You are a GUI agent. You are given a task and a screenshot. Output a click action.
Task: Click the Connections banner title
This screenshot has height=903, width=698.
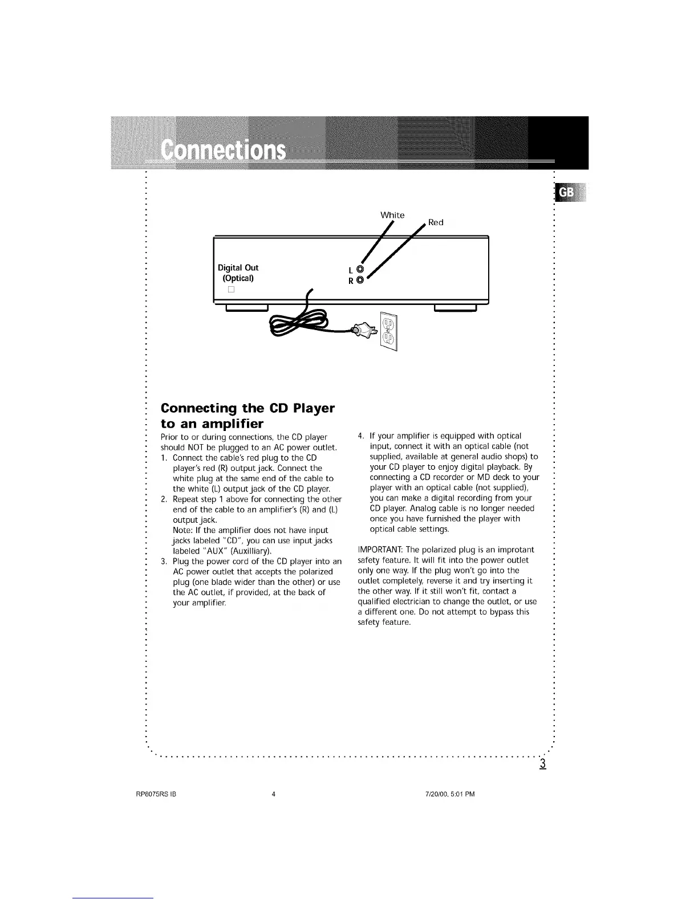pyautogui.click(x=223, y=151)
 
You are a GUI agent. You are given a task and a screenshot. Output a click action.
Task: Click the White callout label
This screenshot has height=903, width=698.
pyautogui.click(x=392, y=215)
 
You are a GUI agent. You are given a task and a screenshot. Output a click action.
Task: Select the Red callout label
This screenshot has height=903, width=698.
pyautogui.click(x=436, y=222)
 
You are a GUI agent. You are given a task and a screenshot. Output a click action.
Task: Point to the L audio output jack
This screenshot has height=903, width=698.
pyautogui.click(x=359, y=269)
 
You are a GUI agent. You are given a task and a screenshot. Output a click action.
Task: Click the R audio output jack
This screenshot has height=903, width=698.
pyautogui.click(x=359, y=280)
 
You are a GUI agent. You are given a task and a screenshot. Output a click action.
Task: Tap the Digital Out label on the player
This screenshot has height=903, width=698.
pyautogui.click(x=238, y=267)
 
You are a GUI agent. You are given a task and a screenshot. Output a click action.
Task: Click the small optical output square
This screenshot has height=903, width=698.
pyautogui.click(x=232, y=290)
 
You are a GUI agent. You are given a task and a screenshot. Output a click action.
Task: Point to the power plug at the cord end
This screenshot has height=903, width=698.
pyautogui.click(x=362, y=330)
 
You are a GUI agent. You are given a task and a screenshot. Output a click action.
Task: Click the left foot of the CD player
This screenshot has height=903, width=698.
pyautogui.click(x=247, y=309)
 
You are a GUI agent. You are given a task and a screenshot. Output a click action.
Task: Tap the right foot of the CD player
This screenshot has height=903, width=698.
pyautogui.click(x=455, y=309)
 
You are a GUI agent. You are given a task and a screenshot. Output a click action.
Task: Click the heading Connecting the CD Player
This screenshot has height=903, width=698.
pyautogui.click(x=247, y=408)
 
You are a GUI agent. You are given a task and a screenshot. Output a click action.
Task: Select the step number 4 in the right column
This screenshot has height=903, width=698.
pyautogui.click(x=359, y=437)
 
